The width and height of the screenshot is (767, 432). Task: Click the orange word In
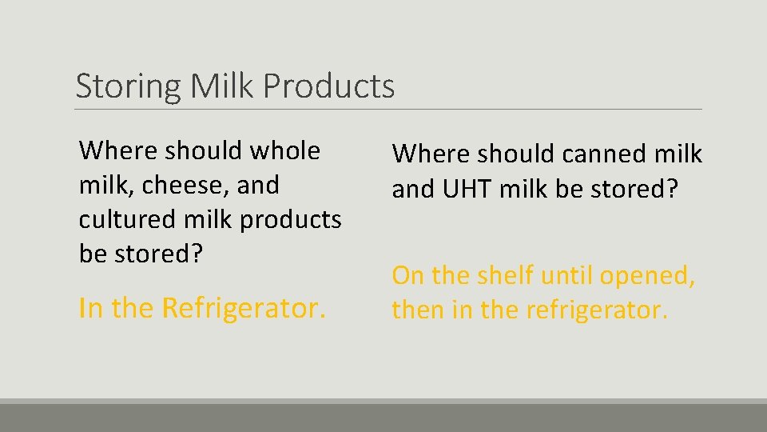[x=91, y=307]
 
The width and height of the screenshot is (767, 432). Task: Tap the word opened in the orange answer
[x=647, y=275]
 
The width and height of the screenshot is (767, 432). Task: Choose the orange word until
[x=566, y=275]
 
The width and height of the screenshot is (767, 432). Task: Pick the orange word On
[x=407, y=275]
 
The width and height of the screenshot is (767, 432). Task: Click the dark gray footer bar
[x=383, y=417]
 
